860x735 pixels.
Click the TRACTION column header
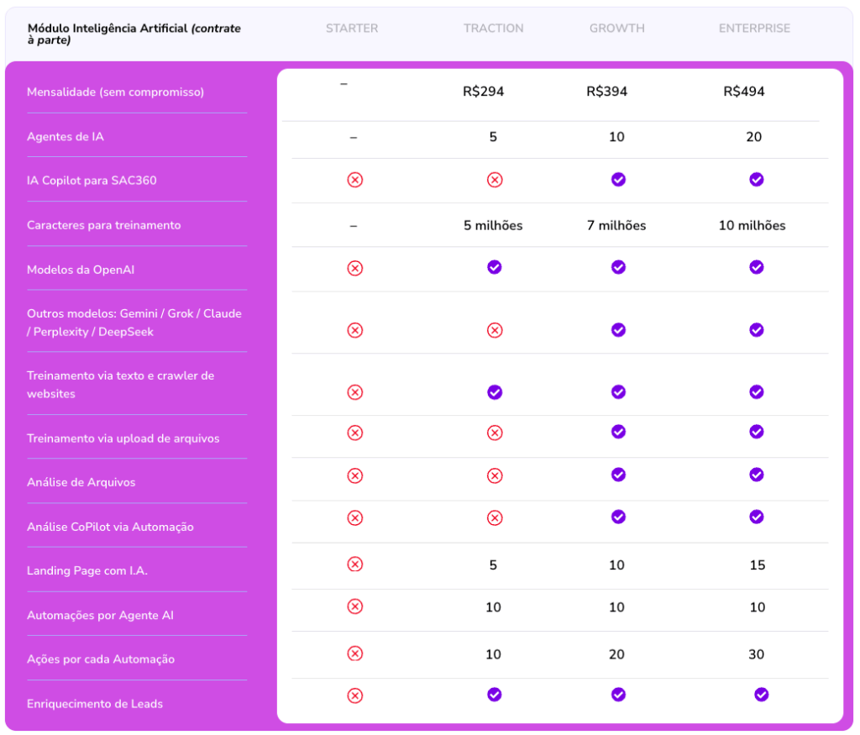pos(493,29)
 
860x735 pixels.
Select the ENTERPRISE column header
pos(754,29)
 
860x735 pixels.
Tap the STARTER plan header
pos(352,29)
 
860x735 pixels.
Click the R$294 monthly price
pos(483,92)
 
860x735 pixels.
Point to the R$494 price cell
pos(743,92)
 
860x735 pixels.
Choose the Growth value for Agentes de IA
pos(616,137)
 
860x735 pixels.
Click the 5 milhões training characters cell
pos(493,225)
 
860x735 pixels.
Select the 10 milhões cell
pos(752,225)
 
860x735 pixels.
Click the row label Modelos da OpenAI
pos(81,270)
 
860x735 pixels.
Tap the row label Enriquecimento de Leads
pos(95,704)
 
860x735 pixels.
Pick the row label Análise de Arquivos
pos(81,482)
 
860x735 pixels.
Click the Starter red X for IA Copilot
pos(355,180)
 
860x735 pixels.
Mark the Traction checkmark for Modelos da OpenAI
pos(495,267)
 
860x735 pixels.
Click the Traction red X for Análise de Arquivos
pos(495,476)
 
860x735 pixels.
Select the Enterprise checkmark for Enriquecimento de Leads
pos(761,695)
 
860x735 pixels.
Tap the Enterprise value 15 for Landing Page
pos(757,565)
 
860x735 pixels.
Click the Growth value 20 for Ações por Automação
pos(616,654)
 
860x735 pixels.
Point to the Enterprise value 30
pos(756,654)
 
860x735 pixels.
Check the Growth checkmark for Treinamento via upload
pos(618,432)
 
